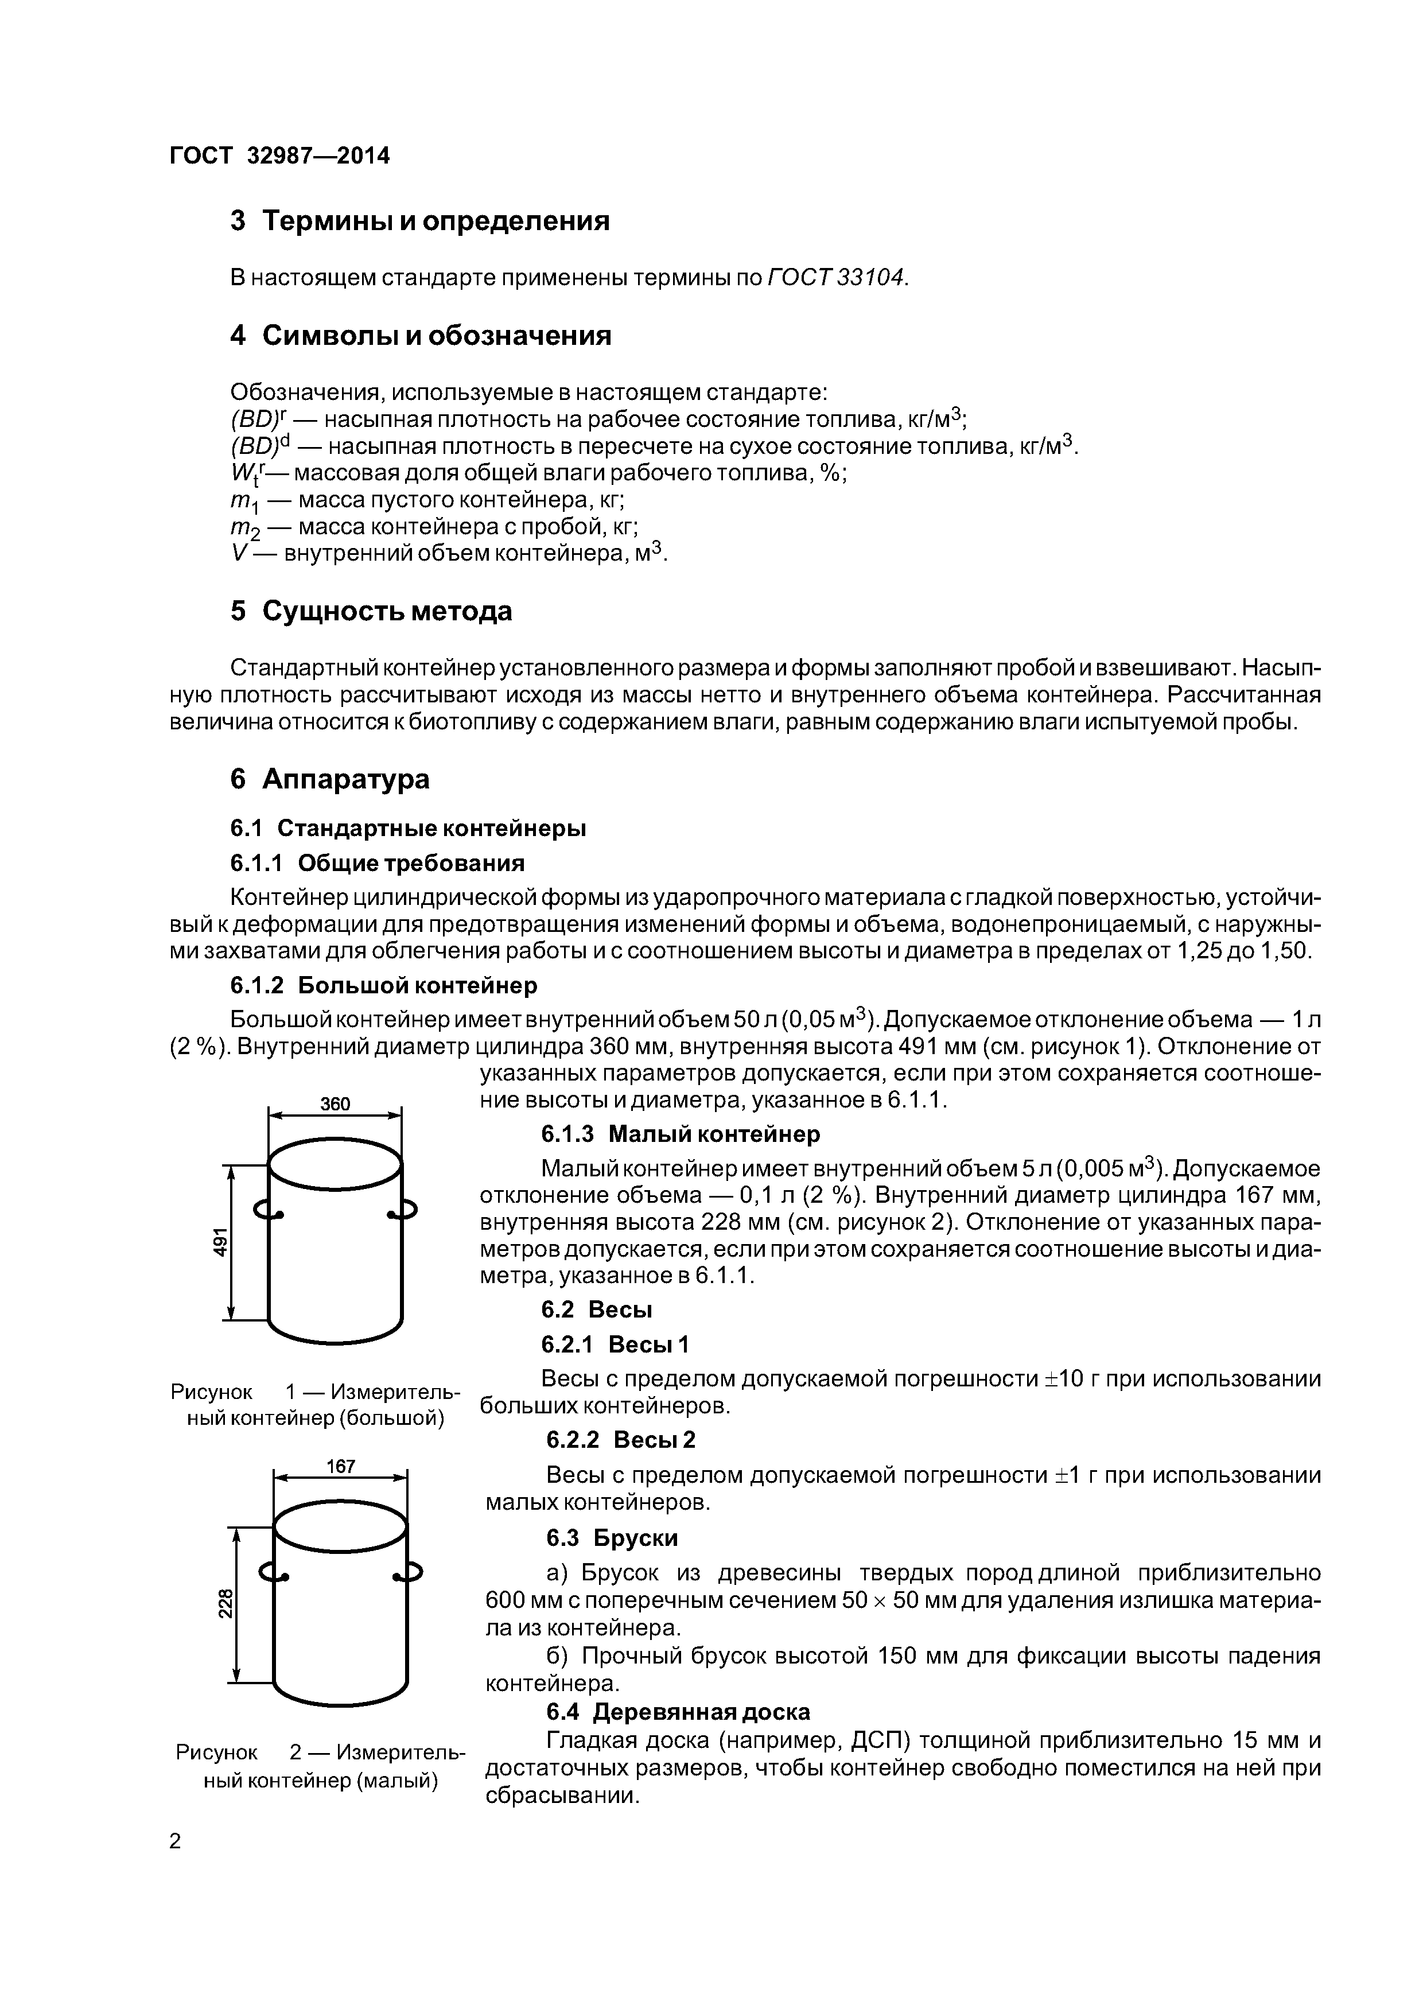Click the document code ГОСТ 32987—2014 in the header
pos(279,156)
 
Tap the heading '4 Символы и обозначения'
pos(420,336)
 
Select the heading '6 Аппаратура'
pos(330,779)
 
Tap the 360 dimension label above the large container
pos(335,1104)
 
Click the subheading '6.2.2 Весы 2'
pos(620,1440)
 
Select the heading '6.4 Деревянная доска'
pos(678,1711)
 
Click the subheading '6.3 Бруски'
pos(611,1538)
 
